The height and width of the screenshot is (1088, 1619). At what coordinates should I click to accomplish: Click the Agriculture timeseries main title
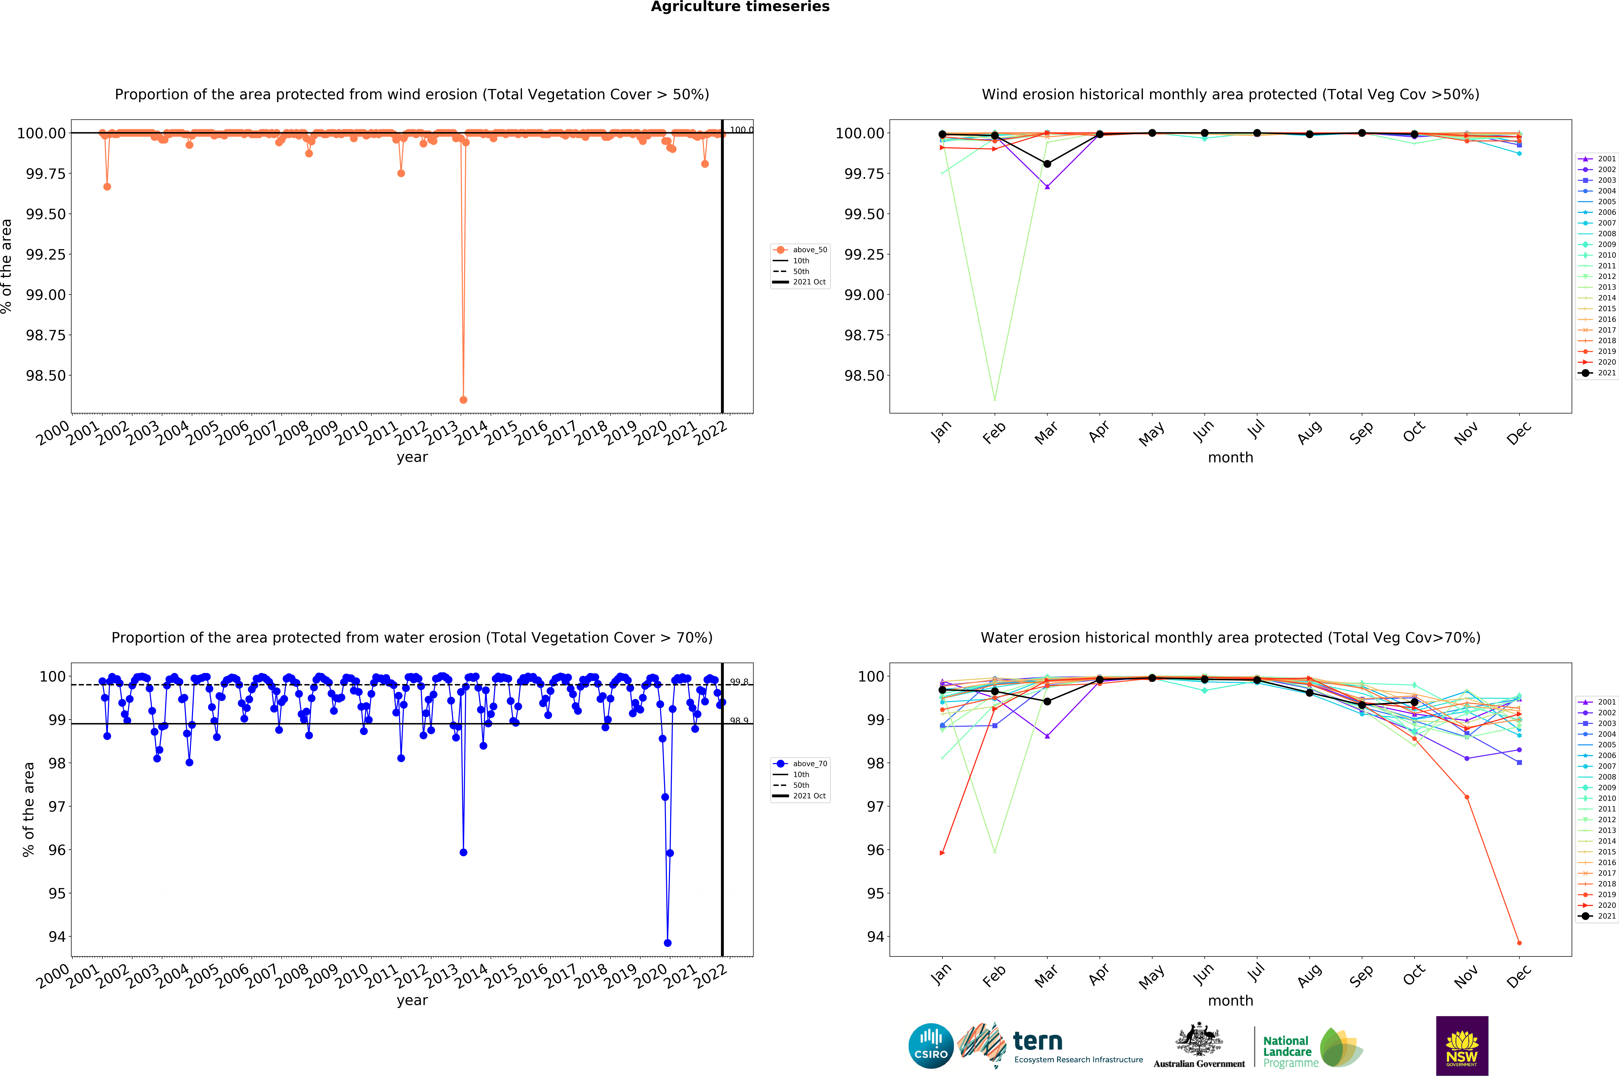(x=740, y=7)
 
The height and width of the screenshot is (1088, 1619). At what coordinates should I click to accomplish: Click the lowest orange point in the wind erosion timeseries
(x=464, y=400)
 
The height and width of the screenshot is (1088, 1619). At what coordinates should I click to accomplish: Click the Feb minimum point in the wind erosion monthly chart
(x=994, y=399)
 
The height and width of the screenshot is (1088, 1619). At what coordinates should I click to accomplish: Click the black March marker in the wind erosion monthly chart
(x=1047, y=164)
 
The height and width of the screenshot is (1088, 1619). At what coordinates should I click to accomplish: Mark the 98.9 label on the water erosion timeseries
(x=739, y=721)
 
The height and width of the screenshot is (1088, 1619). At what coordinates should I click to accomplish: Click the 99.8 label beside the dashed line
(x=739, y=682)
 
